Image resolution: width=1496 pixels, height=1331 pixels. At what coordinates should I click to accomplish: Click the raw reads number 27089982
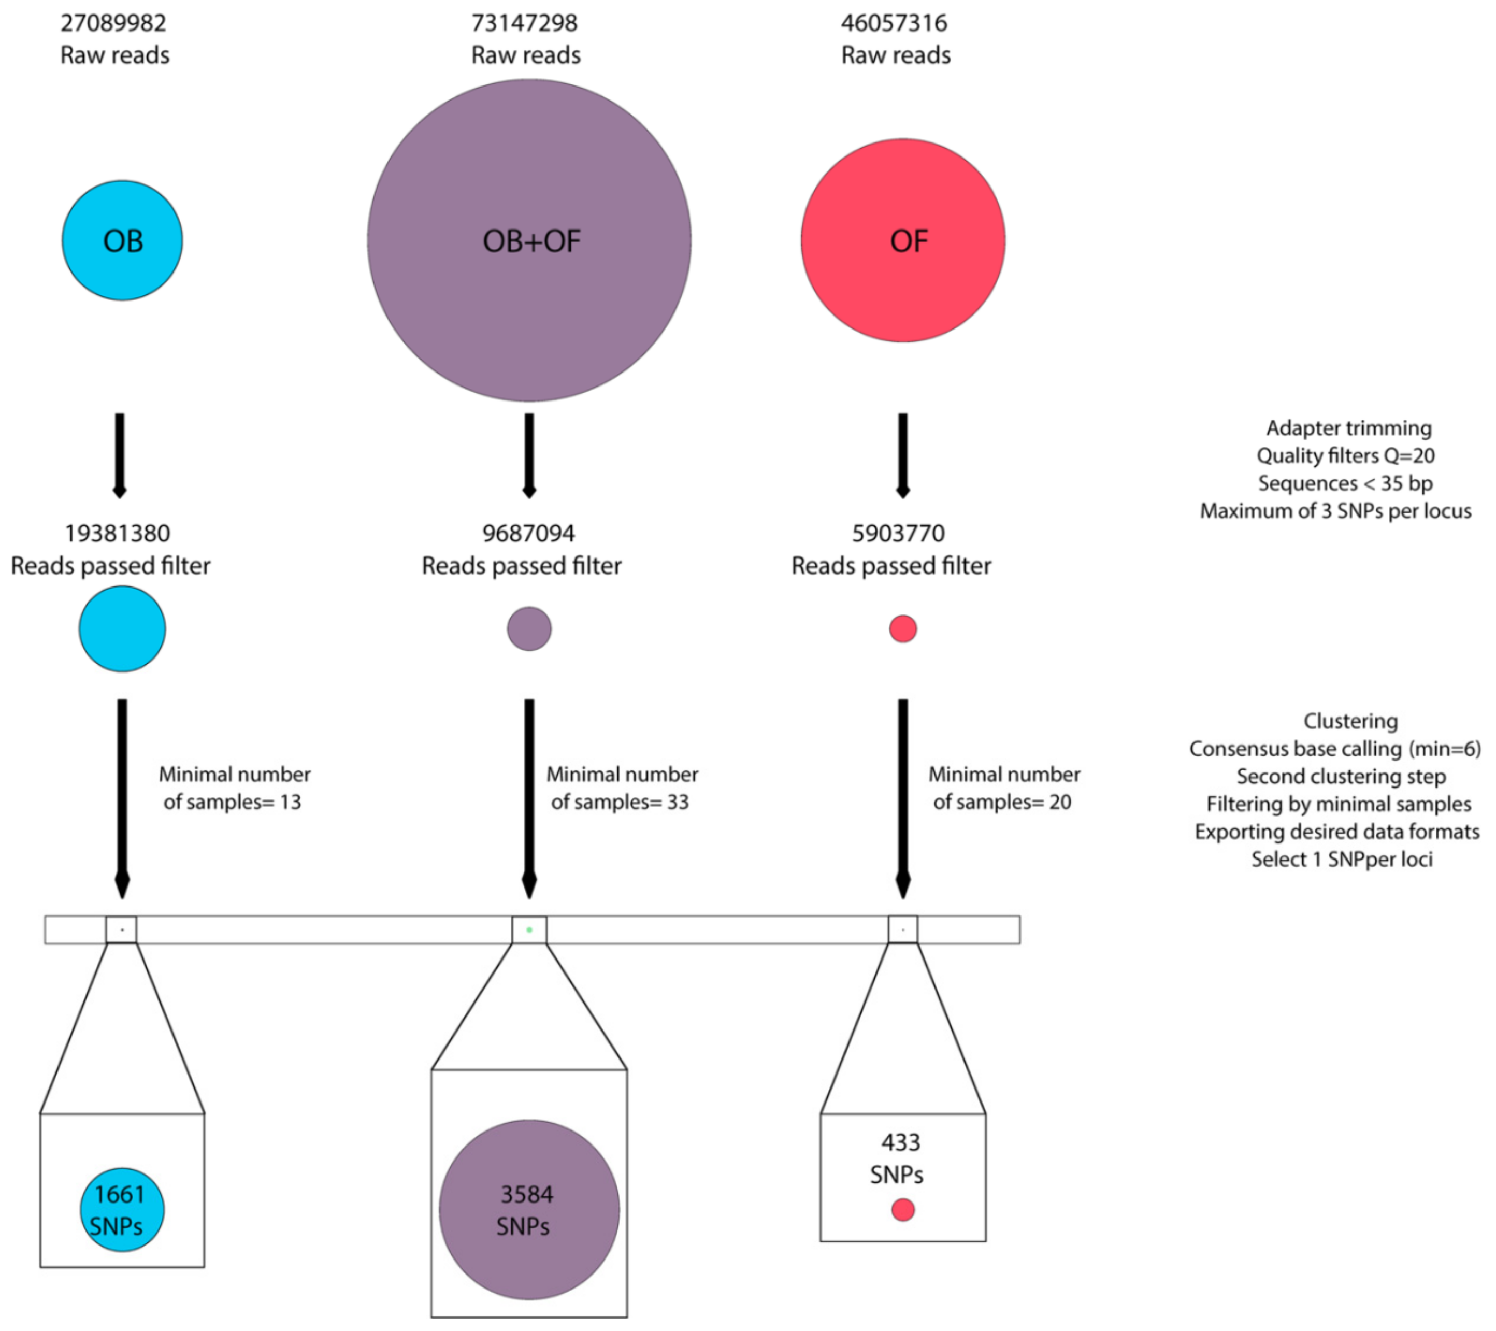[113, 23]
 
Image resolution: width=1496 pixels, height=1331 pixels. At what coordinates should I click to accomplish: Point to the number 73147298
[524, 23]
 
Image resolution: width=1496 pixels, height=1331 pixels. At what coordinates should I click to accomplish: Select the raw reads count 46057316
[894, 23]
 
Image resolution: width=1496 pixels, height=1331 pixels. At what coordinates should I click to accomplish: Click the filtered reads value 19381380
[117, 534]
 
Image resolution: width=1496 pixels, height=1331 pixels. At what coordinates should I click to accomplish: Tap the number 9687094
[528, 534]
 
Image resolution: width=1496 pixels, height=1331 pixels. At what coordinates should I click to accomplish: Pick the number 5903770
[898, 534]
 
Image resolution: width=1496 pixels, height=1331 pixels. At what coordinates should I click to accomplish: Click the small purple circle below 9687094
[529, 629]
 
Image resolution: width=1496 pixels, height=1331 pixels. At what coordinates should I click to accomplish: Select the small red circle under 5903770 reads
[903, 629]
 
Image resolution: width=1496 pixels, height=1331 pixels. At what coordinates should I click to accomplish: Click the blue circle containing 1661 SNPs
[122, 1210]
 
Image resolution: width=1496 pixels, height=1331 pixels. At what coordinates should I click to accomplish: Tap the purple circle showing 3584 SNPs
[529, 1210]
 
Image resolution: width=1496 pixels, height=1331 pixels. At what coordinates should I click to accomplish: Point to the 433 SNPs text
[899, 1159]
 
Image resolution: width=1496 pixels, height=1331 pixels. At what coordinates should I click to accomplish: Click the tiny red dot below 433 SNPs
[903, 1210]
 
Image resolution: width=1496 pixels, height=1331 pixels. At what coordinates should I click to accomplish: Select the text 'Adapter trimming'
[1349, 428]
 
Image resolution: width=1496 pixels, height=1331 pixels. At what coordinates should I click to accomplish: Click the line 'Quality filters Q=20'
[1345, 456]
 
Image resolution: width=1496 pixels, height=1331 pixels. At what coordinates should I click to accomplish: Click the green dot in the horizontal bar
[529, 930]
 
